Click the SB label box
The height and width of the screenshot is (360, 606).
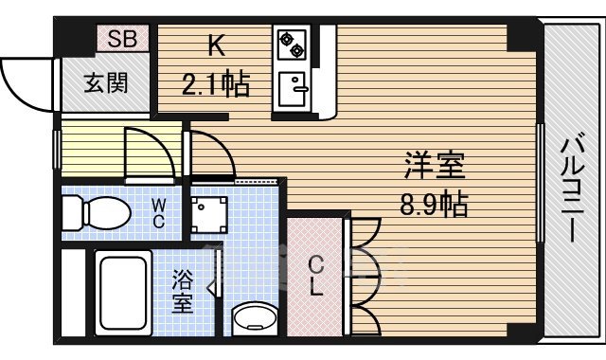coord(120,39)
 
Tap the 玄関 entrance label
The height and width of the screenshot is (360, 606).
coord(105,82)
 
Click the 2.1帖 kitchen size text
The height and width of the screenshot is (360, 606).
coord(215,86)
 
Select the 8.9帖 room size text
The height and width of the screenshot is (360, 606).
coord(435,203)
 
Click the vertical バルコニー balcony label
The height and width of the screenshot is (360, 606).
coord(574,189)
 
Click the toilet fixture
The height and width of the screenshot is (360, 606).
coord(95,213)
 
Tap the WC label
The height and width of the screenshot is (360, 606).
coord(159,213)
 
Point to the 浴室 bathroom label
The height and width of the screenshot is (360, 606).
coord(182,291)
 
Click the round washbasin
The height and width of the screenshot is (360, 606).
coord(252,319)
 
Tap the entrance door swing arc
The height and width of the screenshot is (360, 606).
coord(28,81)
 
